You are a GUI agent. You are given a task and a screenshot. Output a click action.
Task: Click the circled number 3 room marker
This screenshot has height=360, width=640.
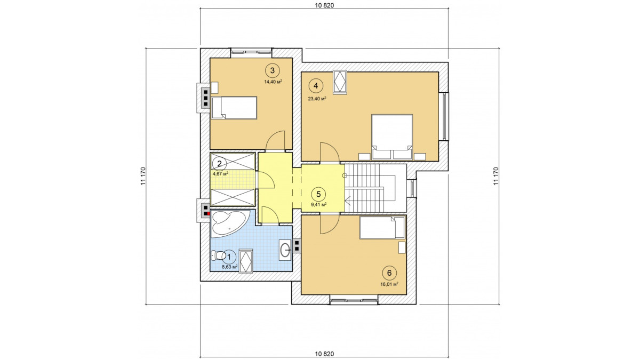tap(273, 70)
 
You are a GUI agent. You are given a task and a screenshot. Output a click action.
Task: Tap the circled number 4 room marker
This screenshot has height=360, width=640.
tap(315, 86)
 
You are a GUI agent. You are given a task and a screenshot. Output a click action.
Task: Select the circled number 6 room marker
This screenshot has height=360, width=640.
tap(389, 273)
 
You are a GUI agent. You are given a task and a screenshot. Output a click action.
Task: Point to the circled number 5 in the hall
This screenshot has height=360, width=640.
tap(318, 194)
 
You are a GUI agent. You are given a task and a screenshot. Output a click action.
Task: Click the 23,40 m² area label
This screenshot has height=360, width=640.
tap(317, 99)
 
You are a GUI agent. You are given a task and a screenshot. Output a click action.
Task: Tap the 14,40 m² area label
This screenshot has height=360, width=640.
tap(273, 82)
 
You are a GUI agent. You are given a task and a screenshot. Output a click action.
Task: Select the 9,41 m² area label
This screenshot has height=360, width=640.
tap(319, 205)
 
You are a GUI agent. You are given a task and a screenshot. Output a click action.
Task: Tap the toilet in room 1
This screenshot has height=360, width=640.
tap(218, 255)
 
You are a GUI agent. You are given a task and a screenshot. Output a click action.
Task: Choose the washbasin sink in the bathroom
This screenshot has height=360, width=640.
tap(285, 250)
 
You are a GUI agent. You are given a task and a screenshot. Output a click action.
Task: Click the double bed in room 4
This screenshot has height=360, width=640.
tap(391, 137)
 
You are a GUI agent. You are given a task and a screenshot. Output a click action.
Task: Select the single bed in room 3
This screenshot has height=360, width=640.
tap(234, 108)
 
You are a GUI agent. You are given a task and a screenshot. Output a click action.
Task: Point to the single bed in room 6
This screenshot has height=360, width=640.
tap(382, 227)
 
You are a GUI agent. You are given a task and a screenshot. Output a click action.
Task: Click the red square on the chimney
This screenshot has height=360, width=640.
tap(208, 213)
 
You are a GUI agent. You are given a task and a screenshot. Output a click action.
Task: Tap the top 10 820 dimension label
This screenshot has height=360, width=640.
tap(325, 5)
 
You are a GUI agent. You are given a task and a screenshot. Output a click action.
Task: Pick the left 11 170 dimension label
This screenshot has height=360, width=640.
tap(143, 176)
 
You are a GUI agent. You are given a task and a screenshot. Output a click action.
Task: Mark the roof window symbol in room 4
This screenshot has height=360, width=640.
tap(340, 82)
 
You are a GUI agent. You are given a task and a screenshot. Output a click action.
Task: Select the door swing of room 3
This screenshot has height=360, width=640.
tap(275, 141)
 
